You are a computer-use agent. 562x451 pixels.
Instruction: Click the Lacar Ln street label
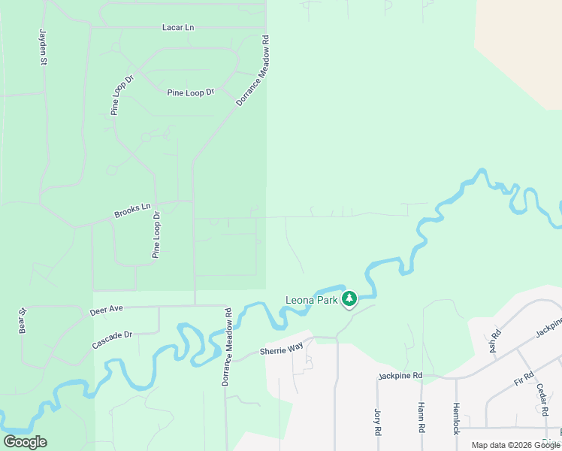click(178, 28)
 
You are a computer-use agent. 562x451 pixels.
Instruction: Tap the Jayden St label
click(43, 47)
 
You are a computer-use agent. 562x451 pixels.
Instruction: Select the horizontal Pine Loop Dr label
click(190, 92)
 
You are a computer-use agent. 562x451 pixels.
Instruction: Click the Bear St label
click(23, 321)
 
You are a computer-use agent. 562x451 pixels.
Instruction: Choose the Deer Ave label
click(106, 309)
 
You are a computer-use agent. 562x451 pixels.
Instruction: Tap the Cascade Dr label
click(112, 340)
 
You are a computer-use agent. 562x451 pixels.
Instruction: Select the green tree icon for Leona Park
click(349, 299)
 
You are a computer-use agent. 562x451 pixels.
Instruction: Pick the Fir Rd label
click(524, 379)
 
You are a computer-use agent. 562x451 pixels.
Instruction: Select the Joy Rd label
click(378, 421)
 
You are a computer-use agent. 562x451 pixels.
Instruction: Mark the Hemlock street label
click(455, 418)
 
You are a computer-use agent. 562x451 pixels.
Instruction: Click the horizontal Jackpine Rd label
click(400, 375)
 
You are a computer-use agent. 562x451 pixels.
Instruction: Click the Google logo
click(26, 442)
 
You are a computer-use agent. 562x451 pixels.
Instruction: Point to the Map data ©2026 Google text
click(515, 445)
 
